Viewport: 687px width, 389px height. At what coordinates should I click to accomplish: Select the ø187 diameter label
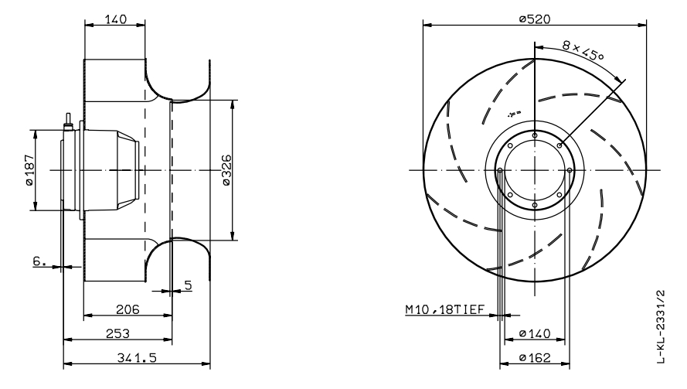tap(29, 169)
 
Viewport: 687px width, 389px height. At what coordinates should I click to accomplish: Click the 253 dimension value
tap(117, 333)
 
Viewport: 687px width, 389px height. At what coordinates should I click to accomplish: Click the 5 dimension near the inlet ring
tap(188, 285)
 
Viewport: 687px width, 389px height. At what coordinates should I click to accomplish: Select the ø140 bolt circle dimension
tap(534, 333)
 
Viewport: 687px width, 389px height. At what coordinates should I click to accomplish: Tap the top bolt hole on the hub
tap(535, 135)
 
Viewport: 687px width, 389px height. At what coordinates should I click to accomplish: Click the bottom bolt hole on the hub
tap(535, 205)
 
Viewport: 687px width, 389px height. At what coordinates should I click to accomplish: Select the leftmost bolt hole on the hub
tap(500, 170)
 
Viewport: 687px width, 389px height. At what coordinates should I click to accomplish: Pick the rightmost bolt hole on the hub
tap(570, 170)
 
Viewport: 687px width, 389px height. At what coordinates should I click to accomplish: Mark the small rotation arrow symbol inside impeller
tap(511, 114)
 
